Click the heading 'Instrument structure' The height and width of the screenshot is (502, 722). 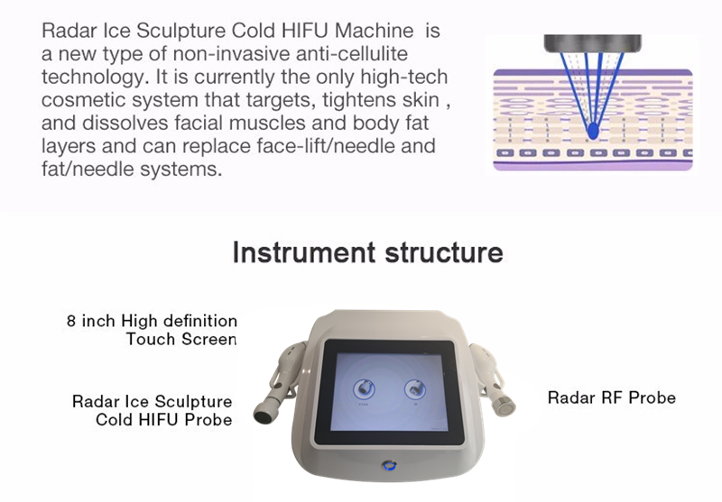(367, 252)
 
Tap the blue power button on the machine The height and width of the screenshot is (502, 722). (389, 466)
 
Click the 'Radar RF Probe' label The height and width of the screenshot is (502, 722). (612, 397)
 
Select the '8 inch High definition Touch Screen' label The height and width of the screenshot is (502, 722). (152, 330)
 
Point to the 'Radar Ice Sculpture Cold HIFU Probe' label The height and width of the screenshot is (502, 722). (152, 410)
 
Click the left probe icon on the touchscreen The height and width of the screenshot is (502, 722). (364, 389)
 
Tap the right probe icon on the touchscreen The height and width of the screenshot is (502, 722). (415, 389)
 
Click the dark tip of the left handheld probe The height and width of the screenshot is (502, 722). (264, 415)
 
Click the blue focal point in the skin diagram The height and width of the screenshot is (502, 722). (593, 131)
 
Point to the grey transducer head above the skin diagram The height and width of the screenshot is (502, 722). (593, 43)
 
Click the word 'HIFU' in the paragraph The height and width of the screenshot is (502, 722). (304, 31)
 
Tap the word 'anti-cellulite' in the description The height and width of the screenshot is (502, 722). (352, 54)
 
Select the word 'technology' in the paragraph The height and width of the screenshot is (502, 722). (92, 78)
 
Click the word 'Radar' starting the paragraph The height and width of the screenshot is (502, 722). (69, 31)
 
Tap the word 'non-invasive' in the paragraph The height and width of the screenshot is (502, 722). (232, 54)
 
